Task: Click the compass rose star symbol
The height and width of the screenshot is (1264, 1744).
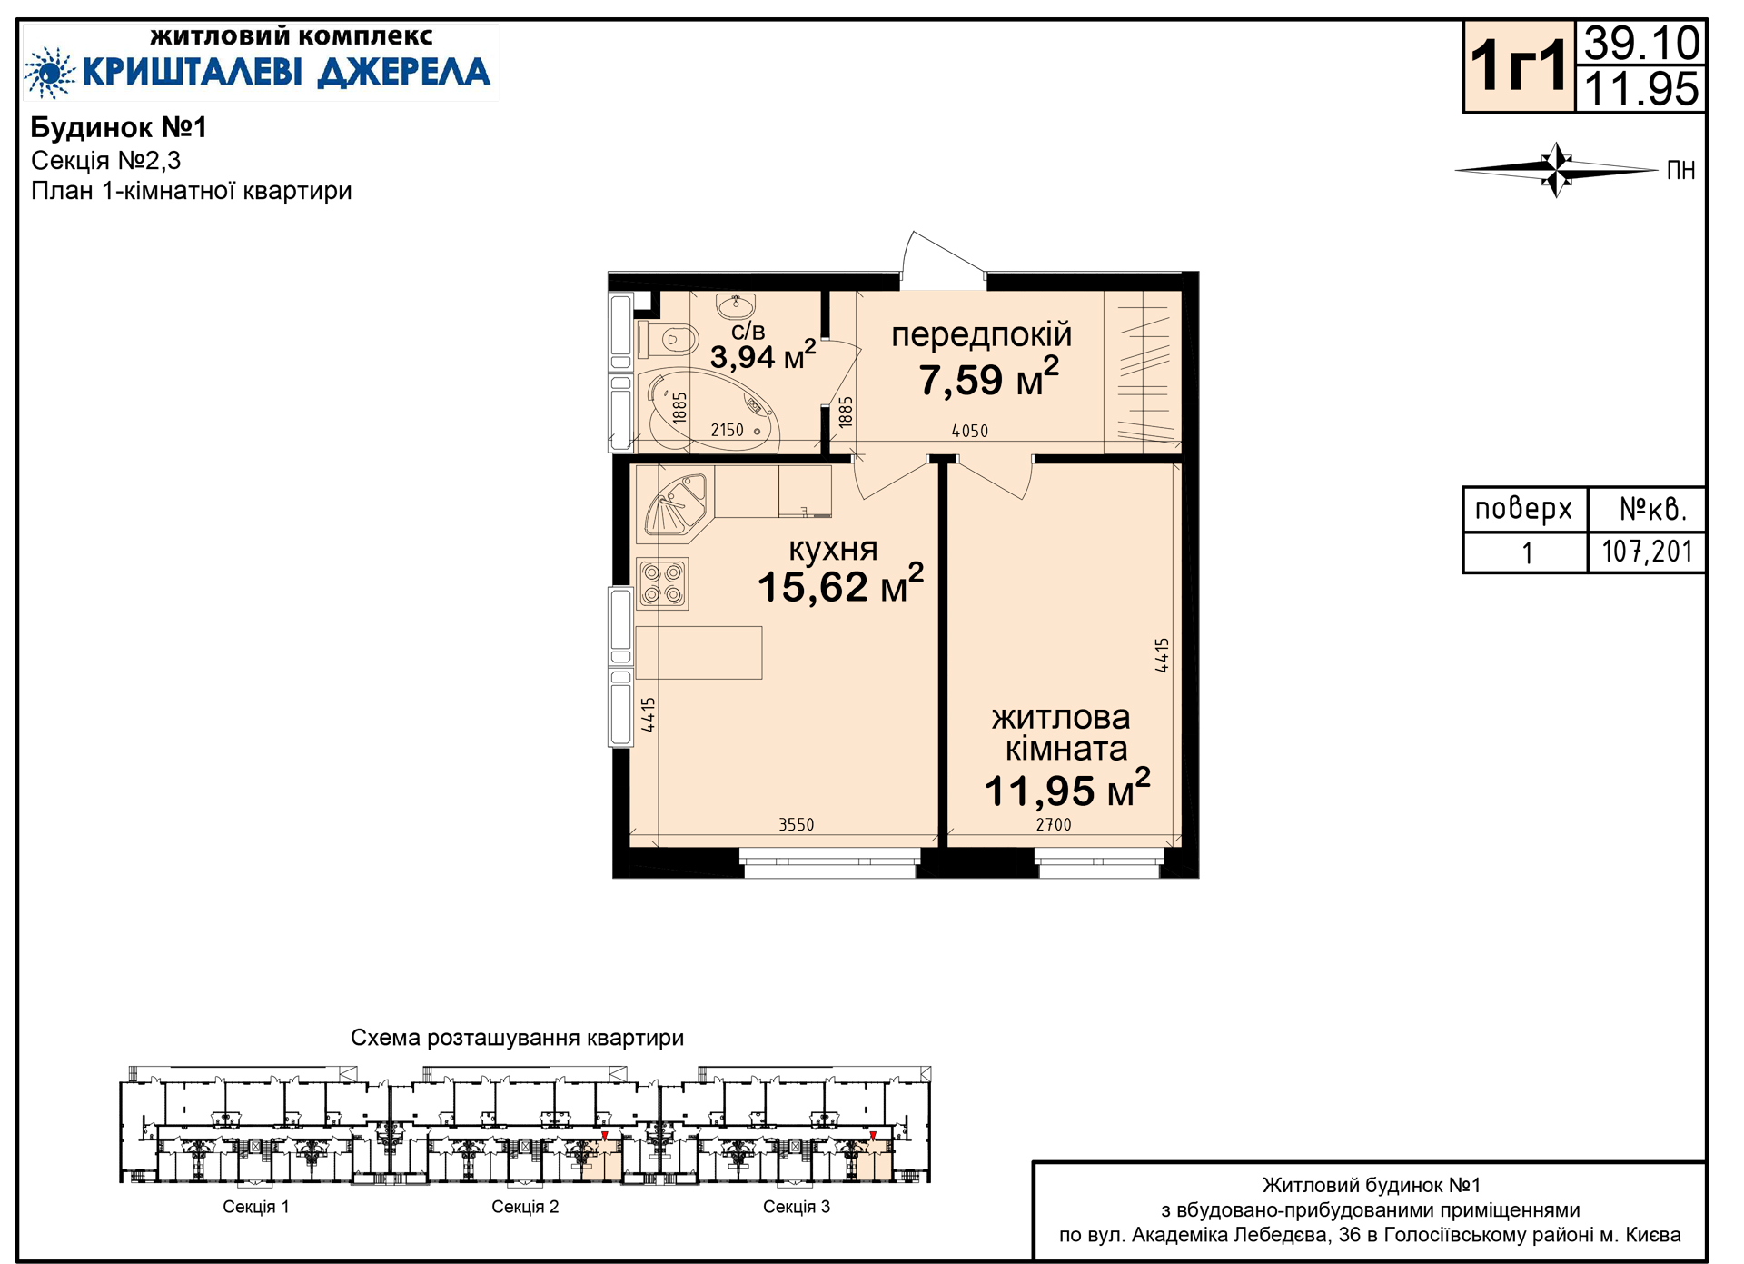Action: (x=1557, y=170)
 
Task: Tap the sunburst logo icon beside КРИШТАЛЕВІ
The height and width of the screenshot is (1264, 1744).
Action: (x=49, y=73)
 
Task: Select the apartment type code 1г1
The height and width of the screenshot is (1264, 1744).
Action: (x=1519, y=66)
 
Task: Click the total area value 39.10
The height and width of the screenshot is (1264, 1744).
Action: (x=1641, y=43)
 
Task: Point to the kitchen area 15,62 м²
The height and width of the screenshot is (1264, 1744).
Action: (x=840, y=584)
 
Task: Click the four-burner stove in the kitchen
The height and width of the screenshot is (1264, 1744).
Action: (x=662, y=583)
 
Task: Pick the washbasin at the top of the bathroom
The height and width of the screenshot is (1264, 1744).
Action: (x=735, y=304)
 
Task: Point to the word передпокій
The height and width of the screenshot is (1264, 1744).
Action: (x=982, y=335)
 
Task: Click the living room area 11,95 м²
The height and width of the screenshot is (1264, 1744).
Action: (x=1066, y=790)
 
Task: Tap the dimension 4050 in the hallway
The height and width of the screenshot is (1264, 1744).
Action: (x=969, y=431)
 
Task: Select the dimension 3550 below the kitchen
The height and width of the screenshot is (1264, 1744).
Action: (x=796, y=824)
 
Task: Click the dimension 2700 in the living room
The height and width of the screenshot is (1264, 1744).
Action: (x=1054, y=824)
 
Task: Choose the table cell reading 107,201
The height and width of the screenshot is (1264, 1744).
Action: (x=1647, y=552)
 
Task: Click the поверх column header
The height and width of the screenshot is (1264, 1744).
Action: (x=1523, y=509)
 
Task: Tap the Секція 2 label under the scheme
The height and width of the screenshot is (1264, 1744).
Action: (x=525, y=1207)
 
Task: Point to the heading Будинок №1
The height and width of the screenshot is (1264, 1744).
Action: (x=119, y=127)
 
